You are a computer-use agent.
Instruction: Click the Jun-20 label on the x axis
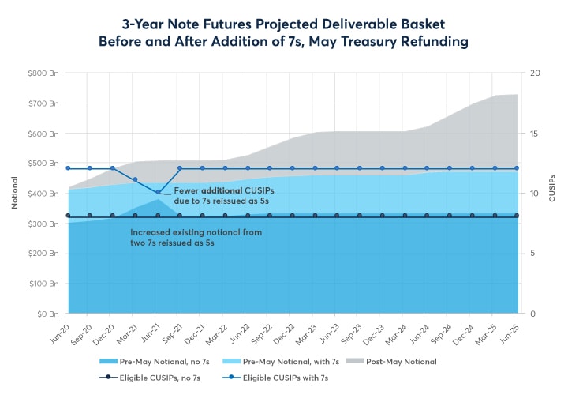(59, 332)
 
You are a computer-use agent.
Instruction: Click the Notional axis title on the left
(14, 194)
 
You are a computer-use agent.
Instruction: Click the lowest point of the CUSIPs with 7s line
(158, 192)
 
